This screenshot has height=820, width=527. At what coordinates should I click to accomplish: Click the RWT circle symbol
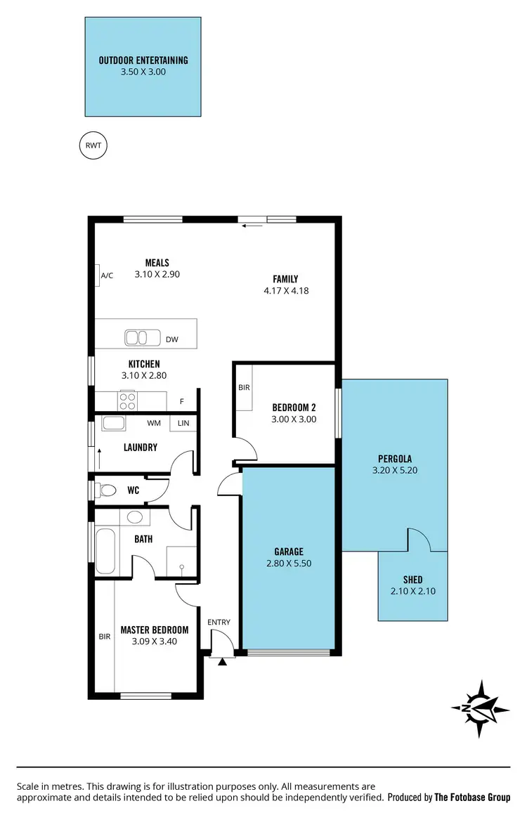click(x=93, y=146)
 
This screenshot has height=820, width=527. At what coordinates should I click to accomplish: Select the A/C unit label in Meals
click(x=107, y=276)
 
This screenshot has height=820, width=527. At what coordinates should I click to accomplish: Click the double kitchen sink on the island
click(x=143, y=338)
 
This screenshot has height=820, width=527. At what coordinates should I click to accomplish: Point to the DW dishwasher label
click(x=172, y=339)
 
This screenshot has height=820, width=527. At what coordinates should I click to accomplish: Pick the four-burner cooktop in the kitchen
click(x=128, y=401)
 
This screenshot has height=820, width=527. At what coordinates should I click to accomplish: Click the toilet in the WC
click(x=107, y=490)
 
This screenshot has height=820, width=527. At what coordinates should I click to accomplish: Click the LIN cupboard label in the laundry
click(x=183, y=423)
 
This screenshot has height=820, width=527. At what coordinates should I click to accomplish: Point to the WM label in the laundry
click(x=154, y=423)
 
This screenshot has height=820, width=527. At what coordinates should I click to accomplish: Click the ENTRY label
click(x=219, y=623)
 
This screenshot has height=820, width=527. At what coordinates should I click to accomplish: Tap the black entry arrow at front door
click(x=223, y=662)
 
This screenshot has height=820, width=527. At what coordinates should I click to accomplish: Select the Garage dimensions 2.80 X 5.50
click(x=289, y=564)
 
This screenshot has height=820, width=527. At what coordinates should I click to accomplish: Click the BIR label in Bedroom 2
click(x=245, y=387)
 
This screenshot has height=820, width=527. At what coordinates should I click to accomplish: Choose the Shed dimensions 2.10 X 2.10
click(x=413, y=591)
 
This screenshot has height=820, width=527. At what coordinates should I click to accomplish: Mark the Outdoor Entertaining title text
click(x=143, y=60)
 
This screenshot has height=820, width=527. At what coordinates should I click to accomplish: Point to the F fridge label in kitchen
click(x=181, y=401)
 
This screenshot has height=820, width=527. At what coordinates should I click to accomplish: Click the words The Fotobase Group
click(x=472, y=798)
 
